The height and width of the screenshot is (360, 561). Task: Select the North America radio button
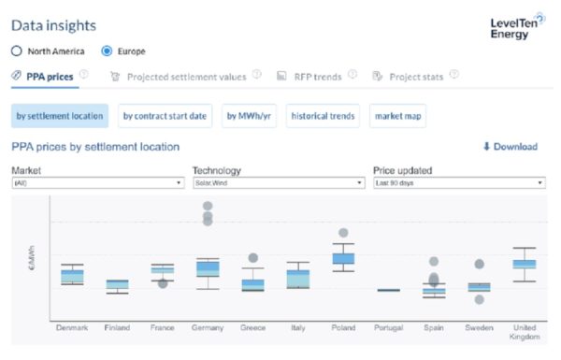tap(17, 50)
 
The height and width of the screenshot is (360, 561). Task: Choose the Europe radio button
tap(106, 50)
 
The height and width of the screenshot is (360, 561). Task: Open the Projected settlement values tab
tap(186, 76)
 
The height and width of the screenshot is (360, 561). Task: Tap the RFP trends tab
tap(319, 76)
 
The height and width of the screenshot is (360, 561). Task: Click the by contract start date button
tap(165, 116)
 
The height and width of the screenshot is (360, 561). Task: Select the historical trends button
tap(322, 116)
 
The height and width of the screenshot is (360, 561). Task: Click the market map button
tap(396, 116)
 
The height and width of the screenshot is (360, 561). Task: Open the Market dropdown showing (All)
tap(96, 183)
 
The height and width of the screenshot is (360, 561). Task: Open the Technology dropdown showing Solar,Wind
tap(278, 183)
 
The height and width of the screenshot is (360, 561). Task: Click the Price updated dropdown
tap(458, 183)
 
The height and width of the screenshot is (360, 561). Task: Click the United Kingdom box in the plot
tap(524, 264)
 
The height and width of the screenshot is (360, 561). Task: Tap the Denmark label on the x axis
tap(72, 327)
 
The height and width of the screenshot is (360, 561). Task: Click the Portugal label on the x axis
tap(388, 327)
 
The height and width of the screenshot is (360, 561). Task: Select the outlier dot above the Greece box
tap(252, 258)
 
